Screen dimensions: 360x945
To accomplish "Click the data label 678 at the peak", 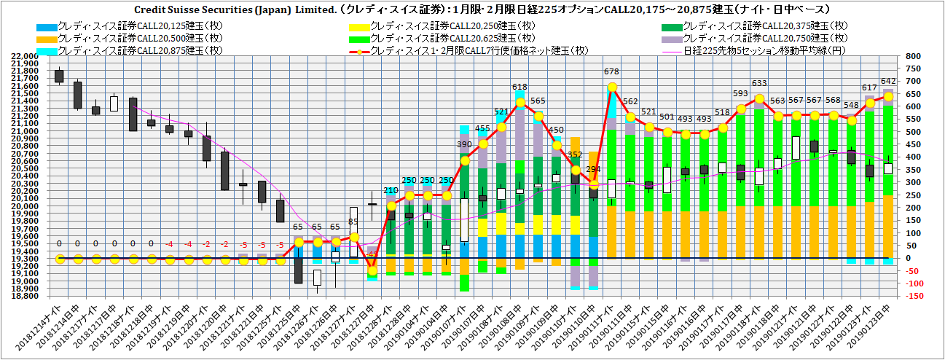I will pyautogui.click(x=612, y=71).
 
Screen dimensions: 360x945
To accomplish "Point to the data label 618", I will pyautogui.click(x=519, y=87).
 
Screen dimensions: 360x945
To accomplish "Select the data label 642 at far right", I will pyautogui.click(x=887, y=81).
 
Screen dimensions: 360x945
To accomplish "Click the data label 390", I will pyautogui.click(x=464, y=145).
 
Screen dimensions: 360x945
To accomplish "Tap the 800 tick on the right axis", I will pyautogui.click(x=911, y=56).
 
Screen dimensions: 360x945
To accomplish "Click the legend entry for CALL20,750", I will pyautogui.click(x=766, y=39).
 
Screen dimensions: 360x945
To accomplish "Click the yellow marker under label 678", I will pyautogui.click(x=612, y=87).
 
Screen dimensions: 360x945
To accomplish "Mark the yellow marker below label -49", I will pyautogui.click(x=372, y=271).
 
